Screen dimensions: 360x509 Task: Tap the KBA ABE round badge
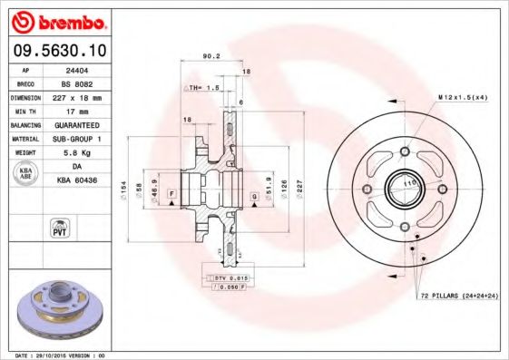click(x=25, y=174)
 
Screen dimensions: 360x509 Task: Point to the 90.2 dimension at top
click(x=211, y=56)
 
